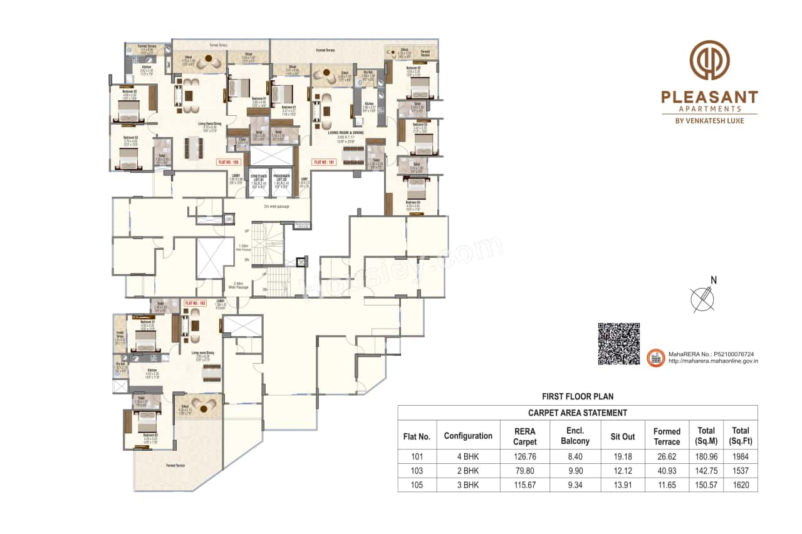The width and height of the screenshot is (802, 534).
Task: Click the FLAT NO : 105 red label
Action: tap(229, 162)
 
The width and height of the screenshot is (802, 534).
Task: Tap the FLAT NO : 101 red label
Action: tap(323, 162)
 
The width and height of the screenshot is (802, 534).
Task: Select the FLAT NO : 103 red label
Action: tap(195, 303)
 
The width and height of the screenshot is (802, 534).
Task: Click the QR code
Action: tap(618, 344)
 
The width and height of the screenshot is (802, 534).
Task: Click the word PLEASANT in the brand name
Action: tap(709, 97)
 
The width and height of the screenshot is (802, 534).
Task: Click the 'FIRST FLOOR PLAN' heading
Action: tap(577, 396)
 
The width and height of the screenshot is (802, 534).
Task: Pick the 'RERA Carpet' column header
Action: tap(525, 436)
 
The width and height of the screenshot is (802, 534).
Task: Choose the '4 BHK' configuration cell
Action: tap(468, 456)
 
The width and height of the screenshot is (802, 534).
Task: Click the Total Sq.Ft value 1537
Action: tap(740, 471)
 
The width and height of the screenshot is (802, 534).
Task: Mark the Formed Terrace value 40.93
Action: tap(667, 471)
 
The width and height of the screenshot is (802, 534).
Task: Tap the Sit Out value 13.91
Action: tap(623, 485)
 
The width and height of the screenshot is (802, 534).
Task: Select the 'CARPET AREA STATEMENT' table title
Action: tap(577, 413)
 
